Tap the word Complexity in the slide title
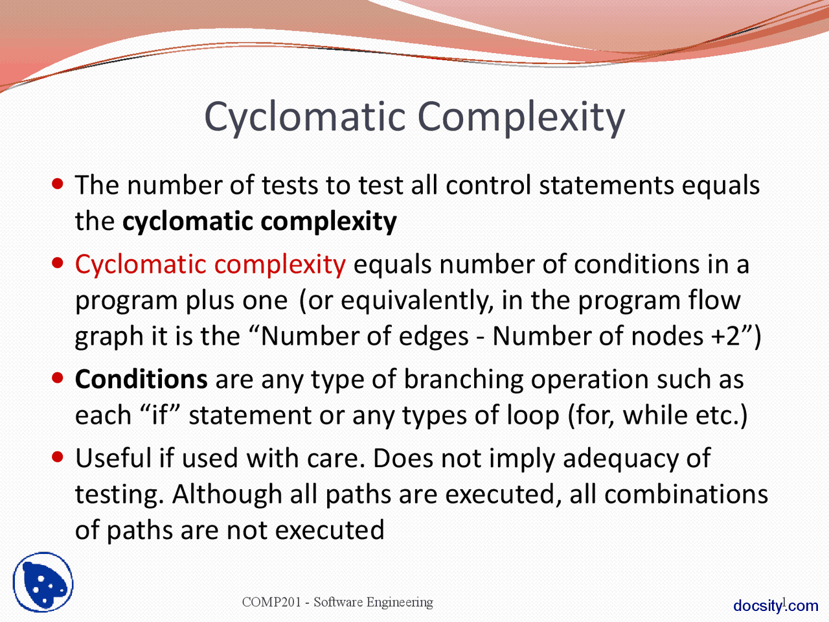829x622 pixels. [521, 117]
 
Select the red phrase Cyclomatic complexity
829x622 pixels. [210, 264]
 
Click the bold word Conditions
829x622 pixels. [141, 379]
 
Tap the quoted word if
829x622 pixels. [159, 415]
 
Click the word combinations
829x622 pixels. [686, 494]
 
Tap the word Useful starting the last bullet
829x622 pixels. [113, 458]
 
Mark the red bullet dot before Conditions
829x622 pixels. [58, 378]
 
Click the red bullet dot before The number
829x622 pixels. [58, 184]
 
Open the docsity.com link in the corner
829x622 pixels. [775, 606]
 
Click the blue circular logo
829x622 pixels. [43, 582]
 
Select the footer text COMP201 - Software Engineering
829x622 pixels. [337, 602]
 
